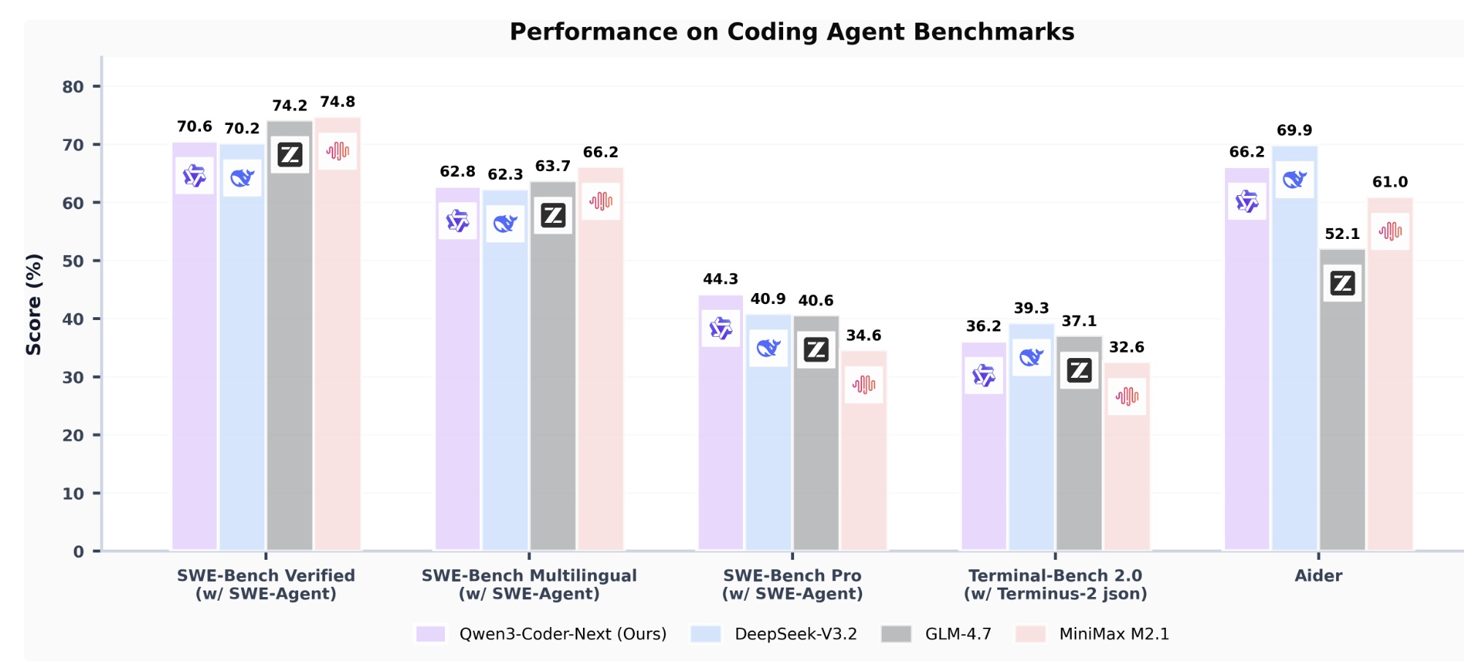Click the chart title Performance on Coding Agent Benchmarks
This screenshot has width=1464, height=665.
[x=792, y=32]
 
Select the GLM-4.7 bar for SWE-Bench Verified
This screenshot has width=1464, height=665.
[x=290, y=351]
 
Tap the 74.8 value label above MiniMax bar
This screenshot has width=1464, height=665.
[x=338, y=102]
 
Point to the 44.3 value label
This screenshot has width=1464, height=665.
[x=720, y=279]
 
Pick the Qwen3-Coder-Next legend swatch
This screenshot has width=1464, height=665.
[x=431, y=634]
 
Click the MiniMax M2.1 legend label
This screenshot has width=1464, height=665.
[x=1114, y=634]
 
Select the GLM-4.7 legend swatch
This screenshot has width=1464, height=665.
[x=896, y=634]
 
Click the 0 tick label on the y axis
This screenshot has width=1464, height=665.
[x=78, y=552]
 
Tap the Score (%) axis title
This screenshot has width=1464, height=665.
[x=34, y=304]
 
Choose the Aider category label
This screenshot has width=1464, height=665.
[x=1318, y=576]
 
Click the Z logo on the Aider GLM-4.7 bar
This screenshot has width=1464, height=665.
[x=1342, y=283]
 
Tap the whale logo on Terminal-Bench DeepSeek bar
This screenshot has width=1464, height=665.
[x=1032, y=357]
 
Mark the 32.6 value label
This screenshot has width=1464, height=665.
[x=1126, y=347]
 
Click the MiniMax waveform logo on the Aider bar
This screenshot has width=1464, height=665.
[x=1389, y=232]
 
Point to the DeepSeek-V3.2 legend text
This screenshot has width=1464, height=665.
[x=796, y=634]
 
